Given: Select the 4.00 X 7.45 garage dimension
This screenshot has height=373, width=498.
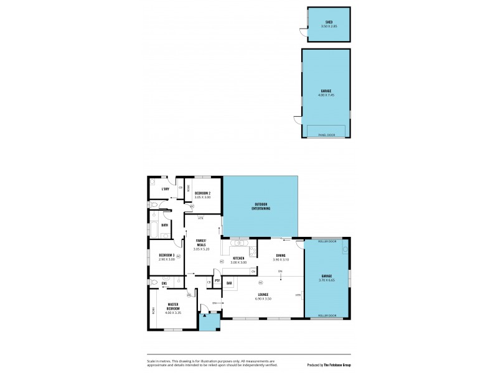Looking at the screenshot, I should pos(326,94).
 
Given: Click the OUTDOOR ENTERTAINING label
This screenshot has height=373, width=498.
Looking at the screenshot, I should pos(261,206).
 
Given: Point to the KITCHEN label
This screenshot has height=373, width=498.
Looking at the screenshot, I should pos(238,258).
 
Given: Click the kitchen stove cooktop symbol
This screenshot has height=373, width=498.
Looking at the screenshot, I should pos(253,251).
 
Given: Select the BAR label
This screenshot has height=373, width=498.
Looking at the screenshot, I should pos(229,283).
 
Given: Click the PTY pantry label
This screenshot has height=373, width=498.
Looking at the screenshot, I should pos(217,280).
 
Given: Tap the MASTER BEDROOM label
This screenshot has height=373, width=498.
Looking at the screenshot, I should pos(172,306).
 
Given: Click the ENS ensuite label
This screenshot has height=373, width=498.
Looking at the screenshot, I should pos(164,284).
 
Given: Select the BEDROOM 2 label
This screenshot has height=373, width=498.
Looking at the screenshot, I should pos(202,193).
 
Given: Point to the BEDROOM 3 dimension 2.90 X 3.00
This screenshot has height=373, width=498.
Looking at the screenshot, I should pos(167,259).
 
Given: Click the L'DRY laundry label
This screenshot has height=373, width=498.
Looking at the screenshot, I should pos(166,189).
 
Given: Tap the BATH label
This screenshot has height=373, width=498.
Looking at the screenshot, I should pos(164,225).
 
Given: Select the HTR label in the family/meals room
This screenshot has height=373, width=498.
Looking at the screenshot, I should pos(200,218).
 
